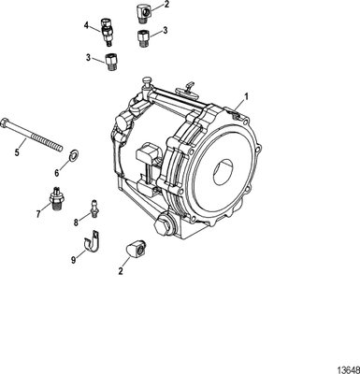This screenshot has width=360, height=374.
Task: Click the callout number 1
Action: (246, 95)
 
